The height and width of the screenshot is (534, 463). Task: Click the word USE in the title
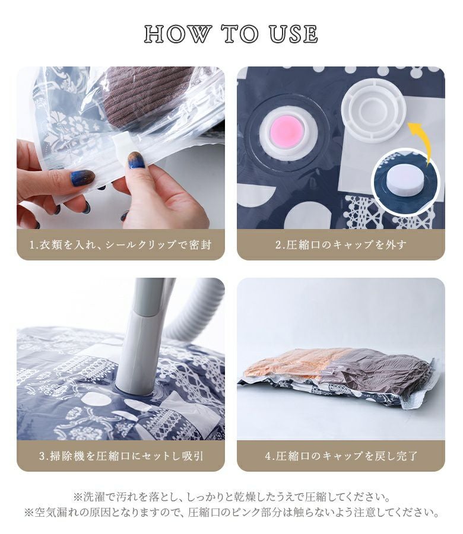point(293,34)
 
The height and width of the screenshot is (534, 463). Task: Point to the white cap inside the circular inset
point(405,179)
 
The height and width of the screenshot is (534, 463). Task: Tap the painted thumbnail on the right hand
point(135,160)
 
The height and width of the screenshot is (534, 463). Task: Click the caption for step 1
point(120,244)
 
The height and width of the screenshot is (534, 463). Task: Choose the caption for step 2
point(341,244)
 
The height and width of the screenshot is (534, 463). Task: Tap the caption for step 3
point(120,456)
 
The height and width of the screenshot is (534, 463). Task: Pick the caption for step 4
point(341,456)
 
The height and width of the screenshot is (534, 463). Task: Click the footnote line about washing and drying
point(231,497)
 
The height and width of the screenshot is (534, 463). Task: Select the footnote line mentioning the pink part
point(231,513)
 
